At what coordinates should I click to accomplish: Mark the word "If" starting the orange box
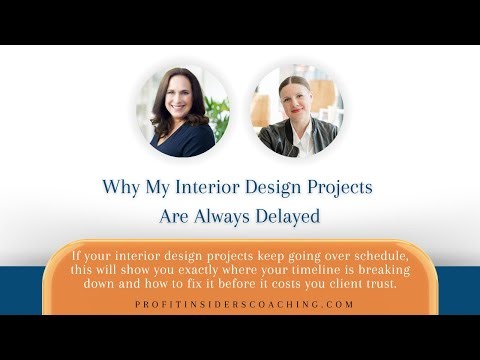click(x=77, y=256)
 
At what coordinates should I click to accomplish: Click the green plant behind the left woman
click(x=217, y=108)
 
